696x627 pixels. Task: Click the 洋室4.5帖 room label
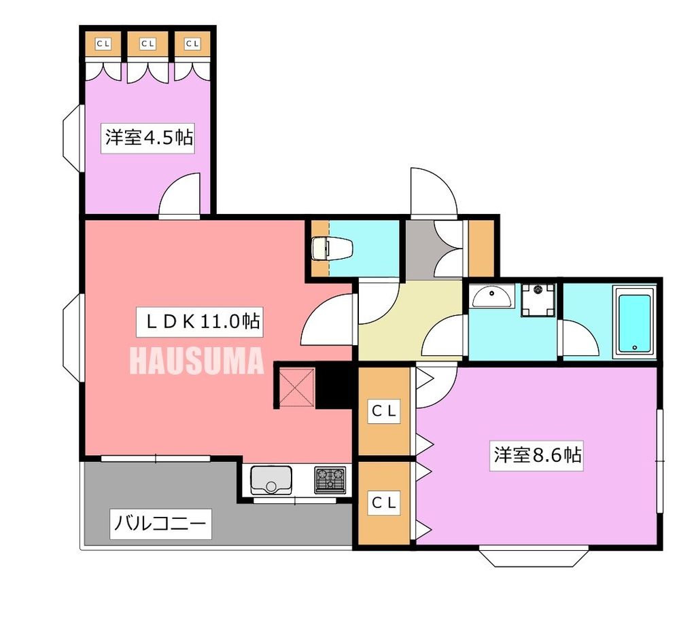click(x=149, y=138)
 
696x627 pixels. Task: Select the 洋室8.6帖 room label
click(x=538, y=455)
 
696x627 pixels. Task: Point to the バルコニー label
click(x=160, y=524)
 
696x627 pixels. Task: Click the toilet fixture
click(x=332, y=249)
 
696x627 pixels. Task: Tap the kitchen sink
click(x=271, y=480)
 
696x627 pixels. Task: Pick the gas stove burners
click(x=330, y=480)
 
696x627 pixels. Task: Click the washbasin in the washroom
click(x=493, y=297)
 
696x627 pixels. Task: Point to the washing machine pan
click(x=538, y=300)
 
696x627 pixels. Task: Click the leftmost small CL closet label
click(x=103, y=44)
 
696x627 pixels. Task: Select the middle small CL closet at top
click(x=148, y=44)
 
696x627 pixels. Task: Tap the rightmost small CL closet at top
click(x=193, y=44)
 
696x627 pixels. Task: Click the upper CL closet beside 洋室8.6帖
click(x=384, y=411)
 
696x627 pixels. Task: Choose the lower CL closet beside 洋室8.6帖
click(x=384, y=503)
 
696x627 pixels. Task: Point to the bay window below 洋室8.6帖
click(x=533, y=556)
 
